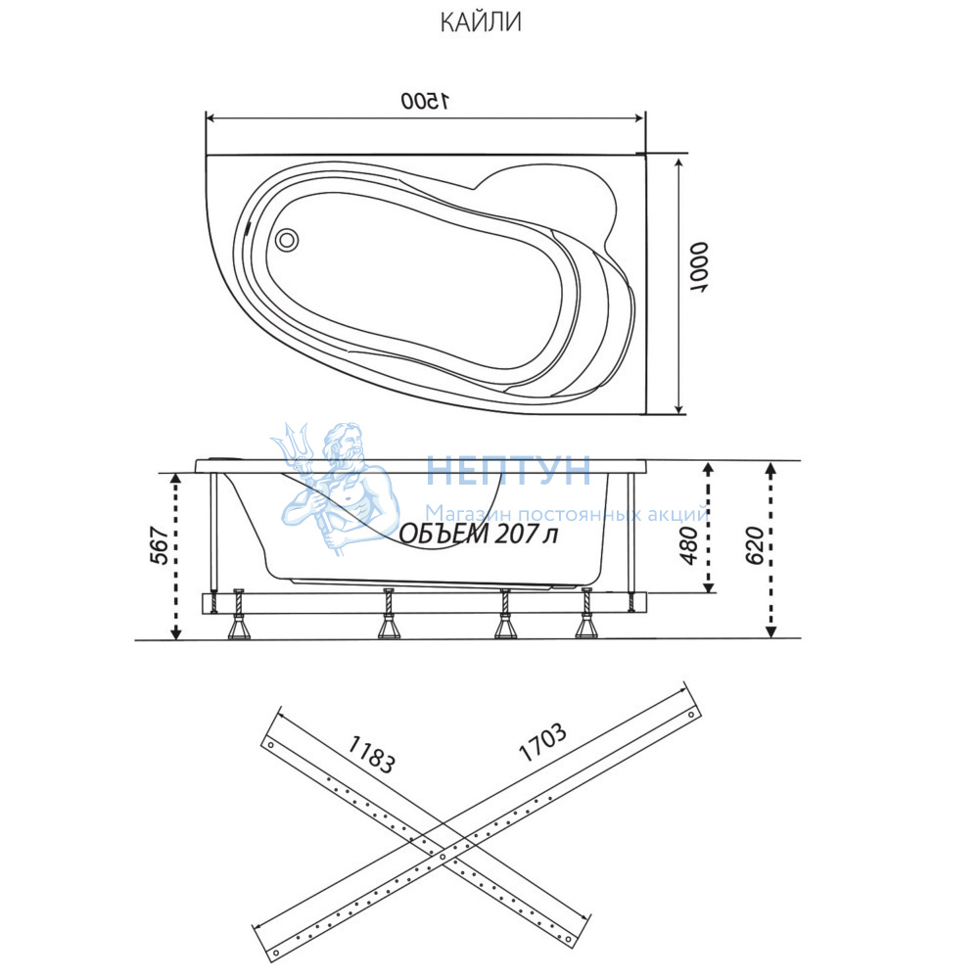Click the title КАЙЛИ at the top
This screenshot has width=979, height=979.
coord(481,23)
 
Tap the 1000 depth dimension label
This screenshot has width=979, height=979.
coord(699,268)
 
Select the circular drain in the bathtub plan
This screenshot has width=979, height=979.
coord(287,240)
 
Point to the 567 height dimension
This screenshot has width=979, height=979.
coord(160,545)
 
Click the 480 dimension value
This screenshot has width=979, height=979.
coord(688,545)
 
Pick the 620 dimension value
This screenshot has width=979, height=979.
coord(755,545)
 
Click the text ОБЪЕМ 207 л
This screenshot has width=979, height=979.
coord(479,534)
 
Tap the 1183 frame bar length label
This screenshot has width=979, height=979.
coord(371,754)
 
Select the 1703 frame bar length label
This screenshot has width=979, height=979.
coord(542,742)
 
